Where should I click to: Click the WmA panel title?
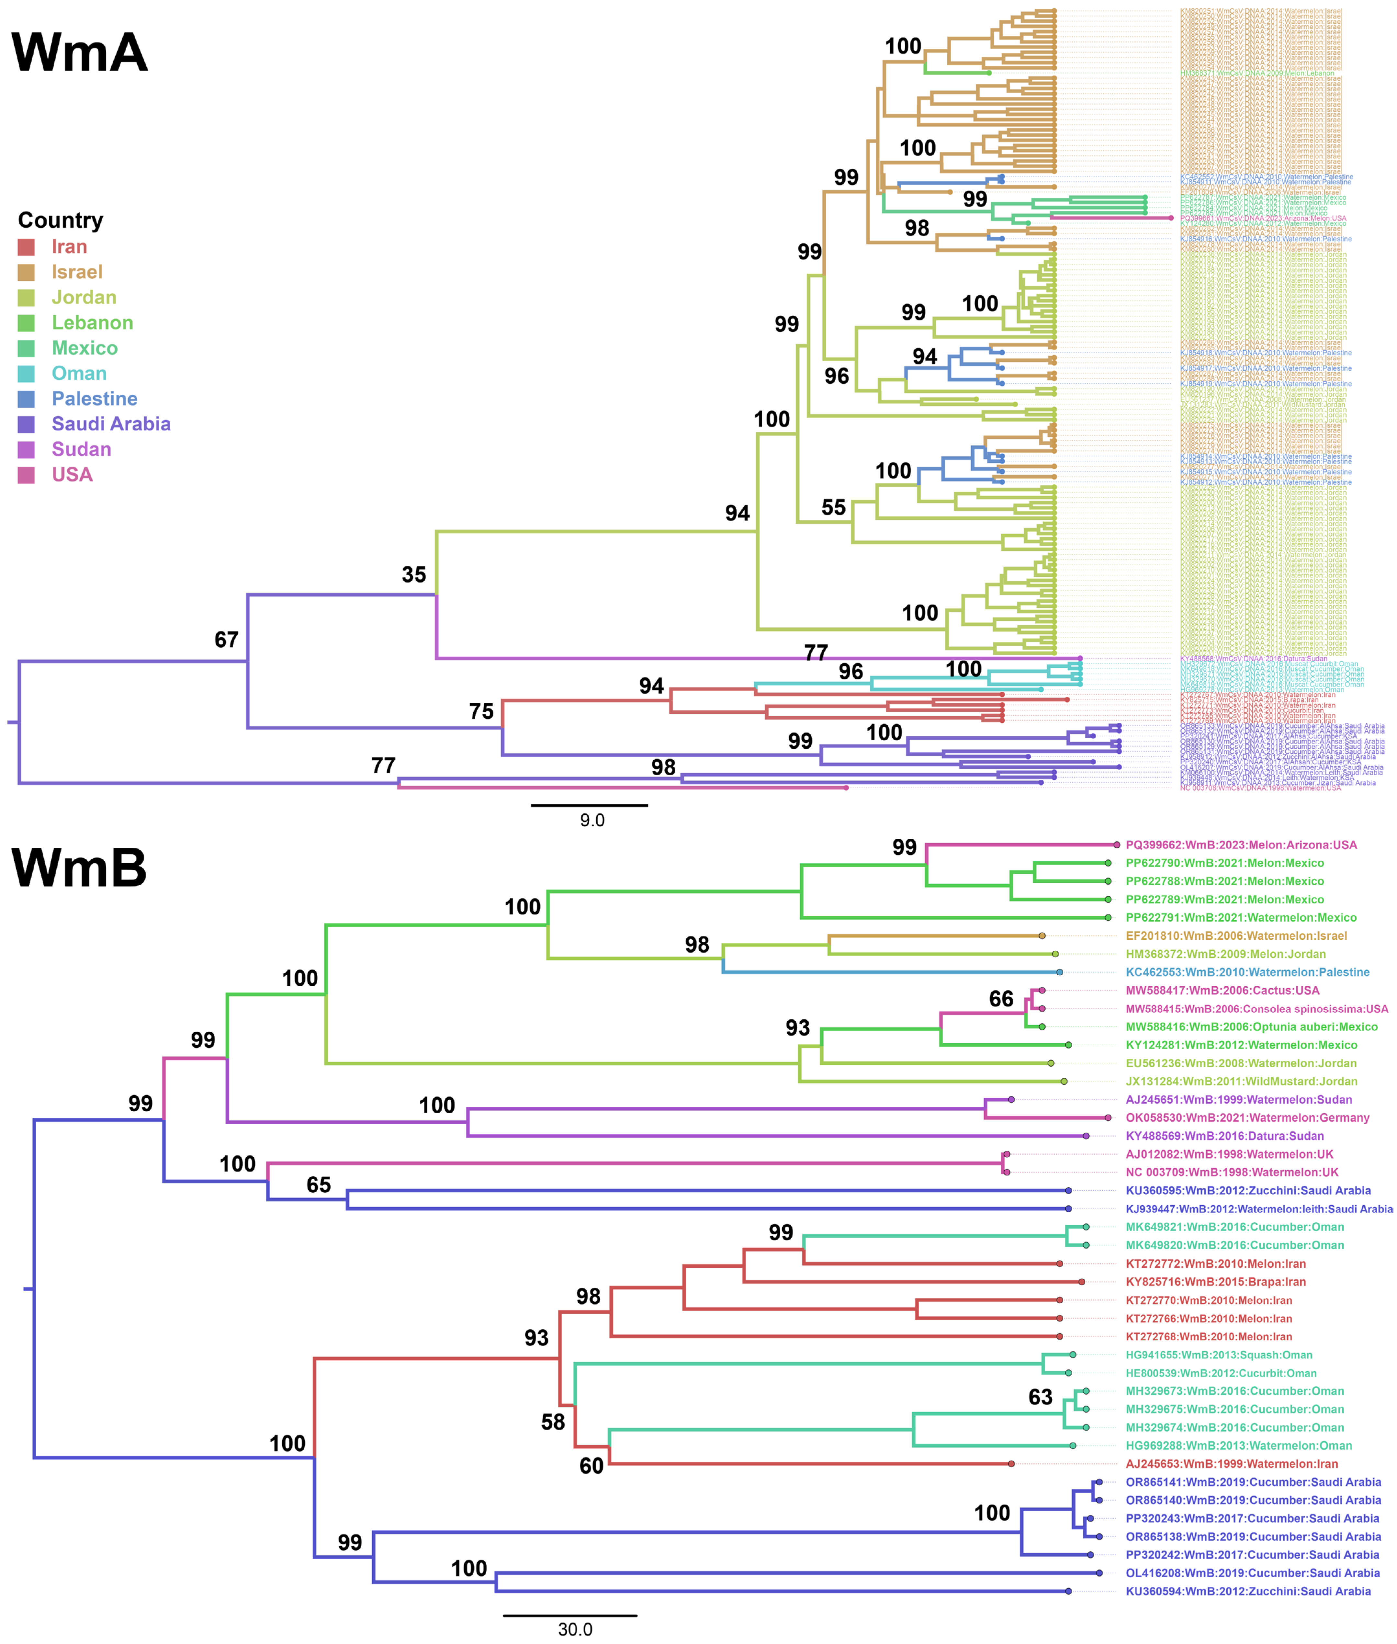pyautogui.click(x=79, y=53)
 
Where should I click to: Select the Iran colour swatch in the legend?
pyautogui.click(x=26, y=247)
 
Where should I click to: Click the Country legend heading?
pyautogui.click(x=60, y=220)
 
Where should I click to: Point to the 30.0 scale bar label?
pyautogui.click(x=575, y=1629)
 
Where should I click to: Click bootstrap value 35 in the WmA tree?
pyautogui.click(x=413, y=575)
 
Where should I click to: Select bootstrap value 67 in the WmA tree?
pyautogui.click(x=227, y=640)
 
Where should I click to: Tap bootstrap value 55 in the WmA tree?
pyautogui.click(x=833, y=508)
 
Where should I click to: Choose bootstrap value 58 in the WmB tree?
pyautogui.click(x=553, y=1422)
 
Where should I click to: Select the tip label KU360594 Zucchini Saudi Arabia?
pyautogui.click(x=1247, y=1591)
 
